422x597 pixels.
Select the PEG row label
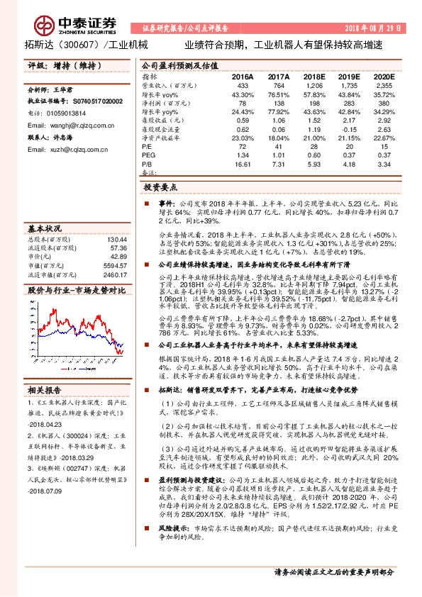click(148, 155)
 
